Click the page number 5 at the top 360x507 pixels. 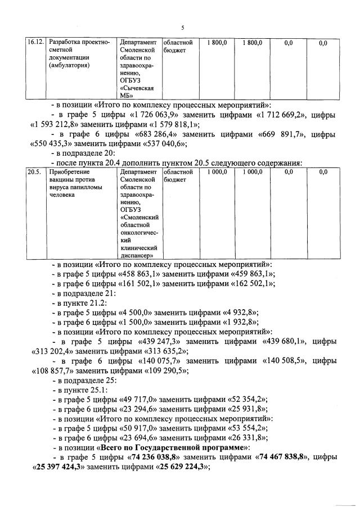tap(183, 28)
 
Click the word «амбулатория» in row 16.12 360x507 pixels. tap(72, 65)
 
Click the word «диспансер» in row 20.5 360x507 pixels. tap(137, 256)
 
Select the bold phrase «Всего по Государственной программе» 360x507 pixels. tap(173, 448)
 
